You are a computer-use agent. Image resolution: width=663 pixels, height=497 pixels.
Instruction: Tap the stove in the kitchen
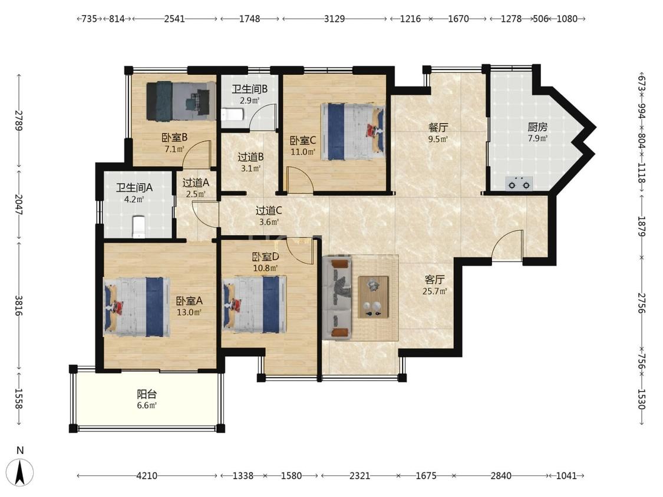(519, 184)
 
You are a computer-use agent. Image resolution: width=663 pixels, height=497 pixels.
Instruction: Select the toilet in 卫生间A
(138, 227)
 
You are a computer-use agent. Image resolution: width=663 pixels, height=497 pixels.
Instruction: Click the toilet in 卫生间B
(232, 114)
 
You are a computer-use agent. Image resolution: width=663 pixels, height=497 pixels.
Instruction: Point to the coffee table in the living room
(374, 297)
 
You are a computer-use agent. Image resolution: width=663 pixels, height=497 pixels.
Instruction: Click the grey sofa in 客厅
(337, 299)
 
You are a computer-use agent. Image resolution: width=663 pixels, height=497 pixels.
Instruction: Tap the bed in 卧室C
(353, 131)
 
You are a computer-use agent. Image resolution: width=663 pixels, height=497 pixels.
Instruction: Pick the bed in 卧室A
(137, 307)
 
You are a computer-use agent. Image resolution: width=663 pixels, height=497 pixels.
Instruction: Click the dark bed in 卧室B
(181, 101)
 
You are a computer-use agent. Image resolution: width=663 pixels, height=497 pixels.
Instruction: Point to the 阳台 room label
(147, 395)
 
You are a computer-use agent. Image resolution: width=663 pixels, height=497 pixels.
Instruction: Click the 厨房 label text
(537, 127)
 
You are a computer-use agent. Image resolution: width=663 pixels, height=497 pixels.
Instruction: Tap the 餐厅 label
(438, 127)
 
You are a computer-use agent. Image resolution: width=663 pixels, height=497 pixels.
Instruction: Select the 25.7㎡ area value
(435, 291)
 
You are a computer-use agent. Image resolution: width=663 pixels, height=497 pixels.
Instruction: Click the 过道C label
(269, 210)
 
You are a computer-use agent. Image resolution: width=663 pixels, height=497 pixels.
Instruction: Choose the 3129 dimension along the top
(335, 19)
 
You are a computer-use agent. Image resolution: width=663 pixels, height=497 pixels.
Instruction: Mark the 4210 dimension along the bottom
(147, 476)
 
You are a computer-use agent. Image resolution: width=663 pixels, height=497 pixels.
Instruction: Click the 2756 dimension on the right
(641, 303)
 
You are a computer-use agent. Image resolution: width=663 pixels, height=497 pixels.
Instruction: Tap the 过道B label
(250, 157)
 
